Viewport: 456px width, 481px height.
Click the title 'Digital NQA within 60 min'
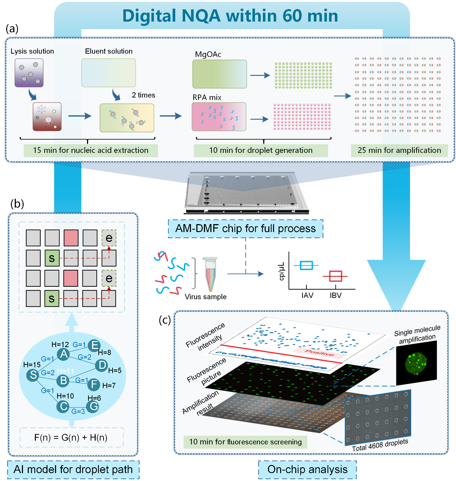(x=230, y=16)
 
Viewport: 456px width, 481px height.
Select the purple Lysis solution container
(x=29, y=73)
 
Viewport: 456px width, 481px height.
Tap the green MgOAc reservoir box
(x=219, y=74)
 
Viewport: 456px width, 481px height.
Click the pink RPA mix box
(x=219, y=117)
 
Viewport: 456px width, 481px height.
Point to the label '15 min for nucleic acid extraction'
(x=91, y=150)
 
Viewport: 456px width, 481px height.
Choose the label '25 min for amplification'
(x=399, y=150)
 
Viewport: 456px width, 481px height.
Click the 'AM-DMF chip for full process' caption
(x=246, y=228)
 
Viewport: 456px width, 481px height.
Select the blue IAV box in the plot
(x=306, y=266)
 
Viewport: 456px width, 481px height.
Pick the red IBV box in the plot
(x=336, y=276)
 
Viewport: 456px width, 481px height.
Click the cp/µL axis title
(x=282, y=271)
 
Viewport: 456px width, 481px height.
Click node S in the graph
(x=33, y=375)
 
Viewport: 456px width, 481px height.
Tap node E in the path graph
(x=94, y=345)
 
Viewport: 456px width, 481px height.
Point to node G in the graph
(x=93, y=407)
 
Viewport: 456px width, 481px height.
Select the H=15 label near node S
(x=32, y=365)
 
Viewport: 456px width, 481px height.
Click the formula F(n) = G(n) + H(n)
(x=71, y=437)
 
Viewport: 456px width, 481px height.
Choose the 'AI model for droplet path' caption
(x=73, y=469)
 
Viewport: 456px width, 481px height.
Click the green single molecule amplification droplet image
(x=416, y=363)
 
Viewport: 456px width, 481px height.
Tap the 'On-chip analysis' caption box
(x=307, y=469)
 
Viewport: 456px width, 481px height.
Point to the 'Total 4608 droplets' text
(x=380, y=445)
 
